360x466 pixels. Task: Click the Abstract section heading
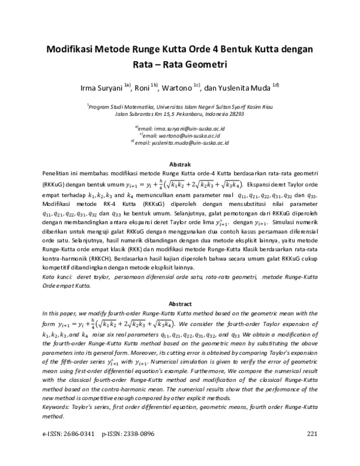(x=181, y=304)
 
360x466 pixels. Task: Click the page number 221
(x=311, y=450)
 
